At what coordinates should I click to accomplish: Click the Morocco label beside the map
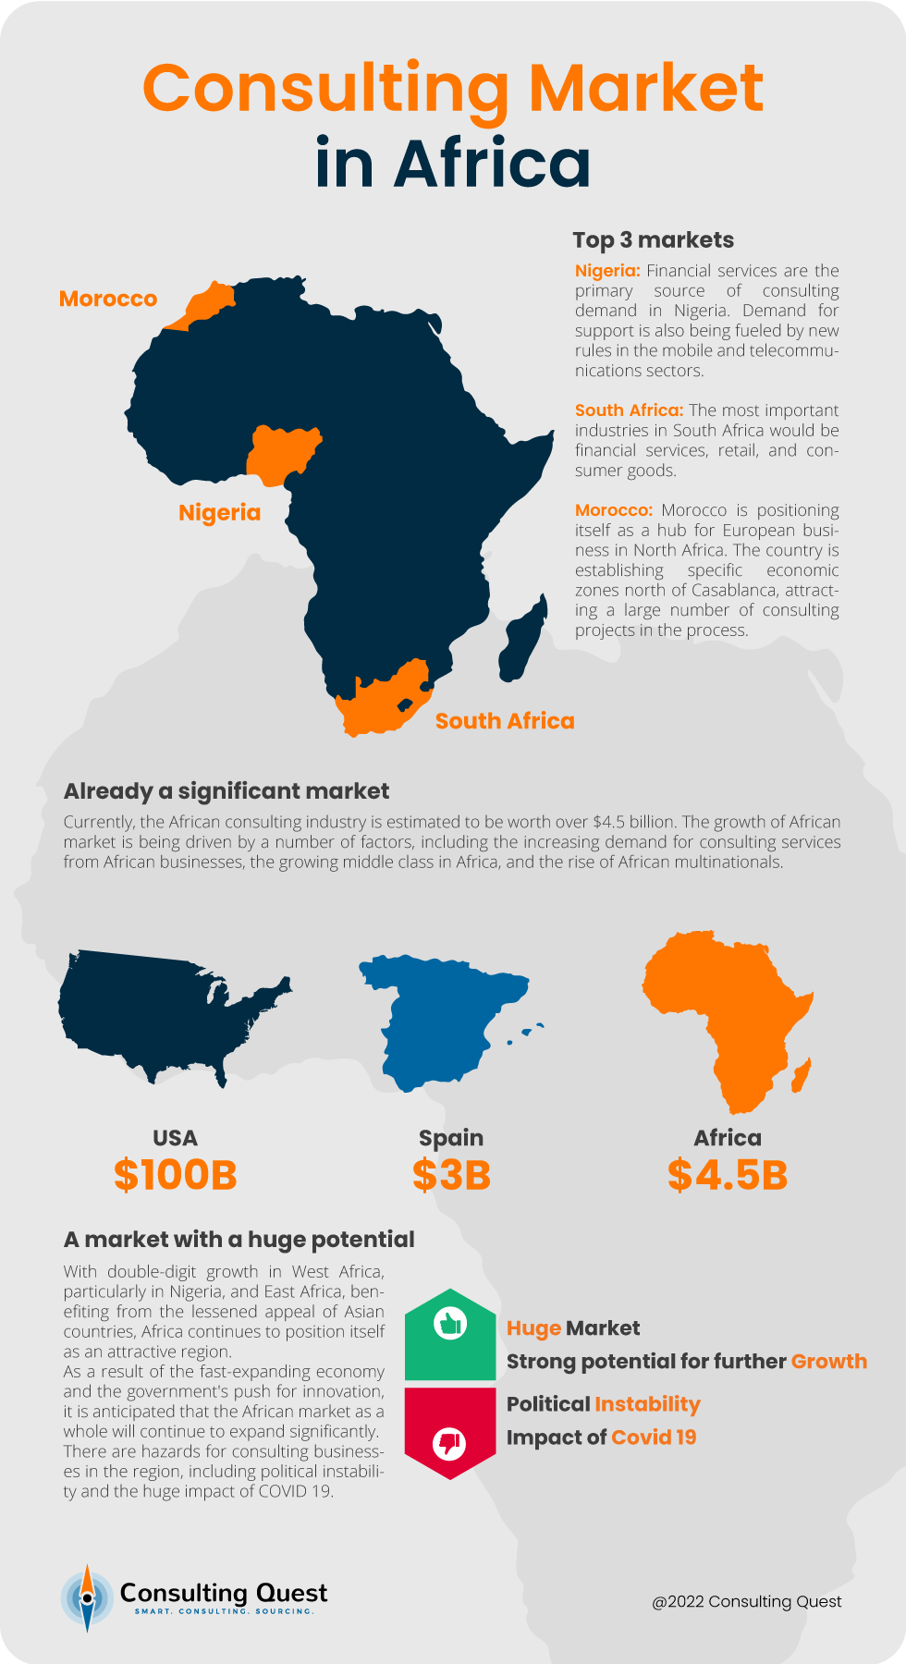tap(108, 299)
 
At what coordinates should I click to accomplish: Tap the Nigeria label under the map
tap(219, 512)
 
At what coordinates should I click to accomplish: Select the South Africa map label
tap(505, 721)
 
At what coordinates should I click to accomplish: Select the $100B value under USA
tap(176, 1175)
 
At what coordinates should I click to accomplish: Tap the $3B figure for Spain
tap(451, 1175)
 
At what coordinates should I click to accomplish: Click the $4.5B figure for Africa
tap(728, 1175)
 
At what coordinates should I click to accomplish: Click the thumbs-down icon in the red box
tap(450, 1442)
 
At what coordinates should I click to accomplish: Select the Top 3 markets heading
tap(653, 240)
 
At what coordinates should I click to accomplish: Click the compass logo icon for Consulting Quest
tap(87, 1597)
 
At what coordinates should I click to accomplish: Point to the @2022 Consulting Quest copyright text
tap(747, 1602)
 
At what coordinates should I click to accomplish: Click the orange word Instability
tap(647, 1404)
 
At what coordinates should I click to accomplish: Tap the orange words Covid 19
tap(654, 1438)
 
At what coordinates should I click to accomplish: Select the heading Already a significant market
tap(226, 791)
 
